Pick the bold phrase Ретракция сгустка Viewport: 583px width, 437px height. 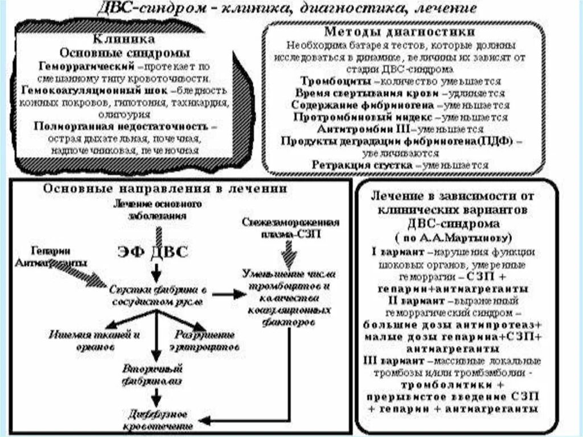point(362,165)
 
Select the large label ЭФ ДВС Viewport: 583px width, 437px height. point(151,252)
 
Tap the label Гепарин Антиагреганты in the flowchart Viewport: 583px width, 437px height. point(51,257)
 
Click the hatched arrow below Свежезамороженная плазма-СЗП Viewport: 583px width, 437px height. point(290,250)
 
